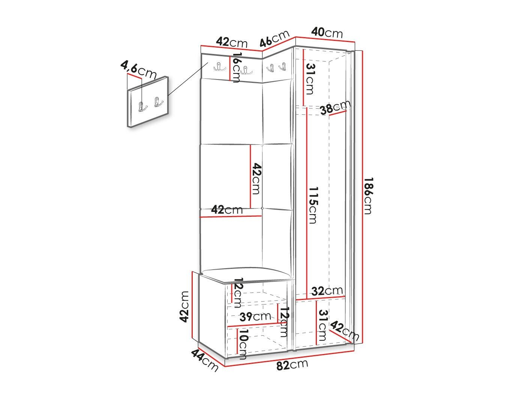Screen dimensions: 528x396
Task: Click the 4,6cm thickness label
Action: pos(138,70)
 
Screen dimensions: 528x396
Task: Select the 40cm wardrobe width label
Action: pos(327,33)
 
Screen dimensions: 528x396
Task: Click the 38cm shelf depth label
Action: pos(335,107)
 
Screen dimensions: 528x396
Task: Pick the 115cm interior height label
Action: pos(313,205)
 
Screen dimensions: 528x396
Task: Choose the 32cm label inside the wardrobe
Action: pos(327,291)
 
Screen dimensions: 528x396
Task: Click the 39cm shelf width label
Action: pos(255,316)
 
